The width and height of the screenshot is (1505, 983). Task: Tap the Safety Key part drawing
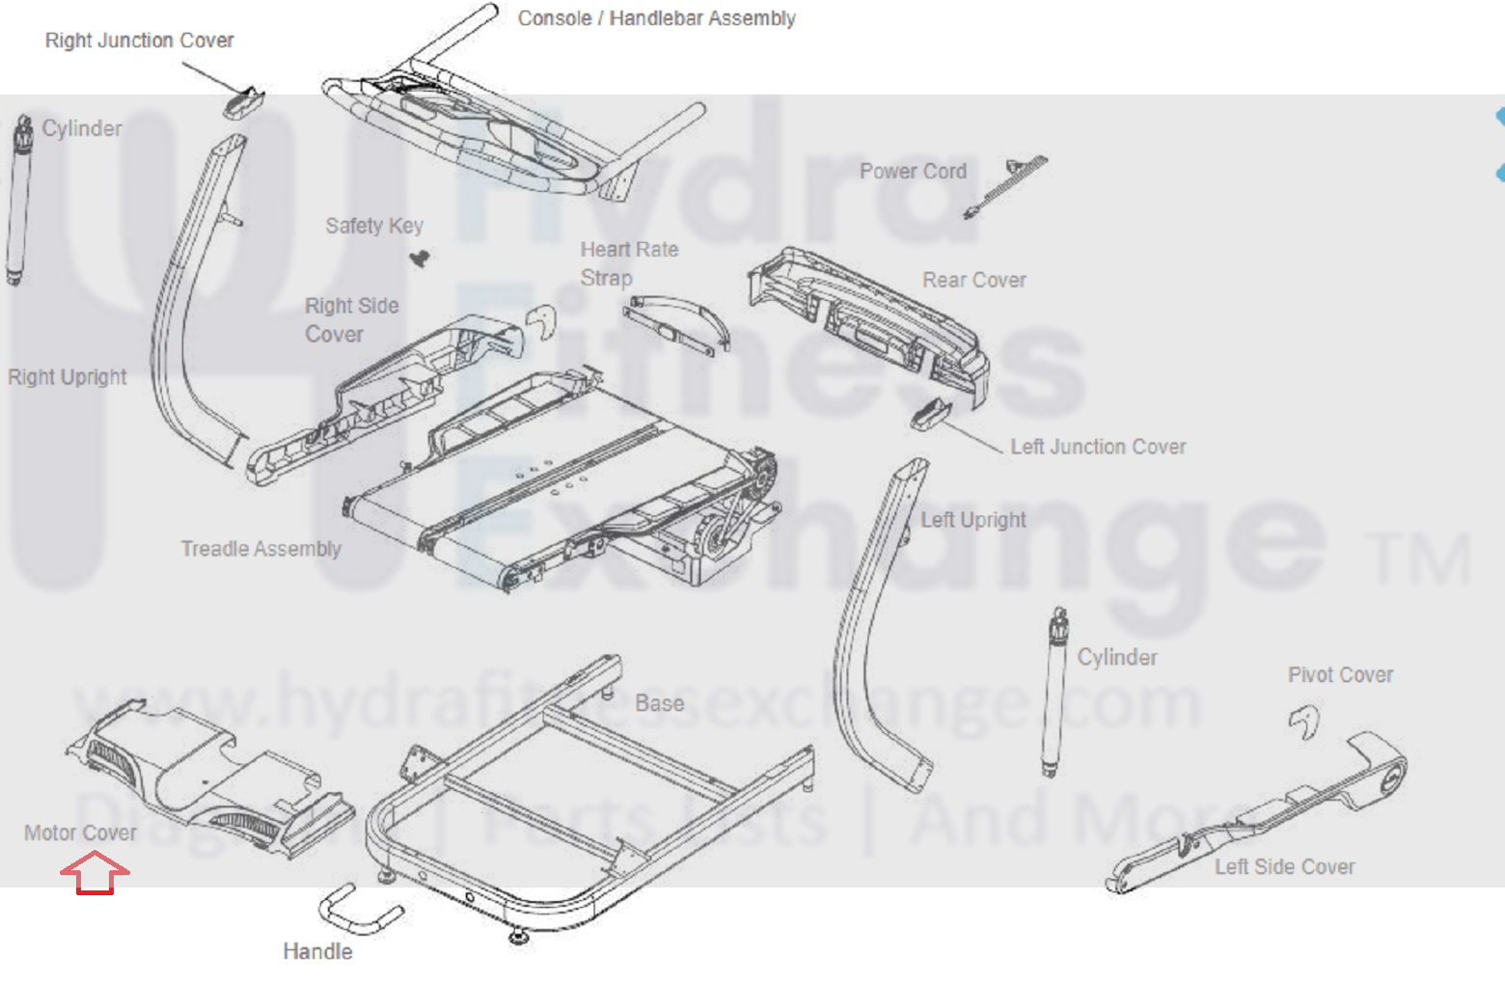pos(419,258)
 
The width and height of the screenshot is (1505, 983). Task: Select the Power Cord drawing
pos(1007,185)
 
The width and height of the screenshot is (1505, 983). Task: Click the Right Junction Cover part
pos(244,101)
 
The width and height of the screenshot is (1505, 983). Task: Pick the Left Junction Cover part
pos(930,413)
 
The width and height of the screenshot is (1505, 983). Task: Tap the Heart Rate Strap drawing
pos(676,323)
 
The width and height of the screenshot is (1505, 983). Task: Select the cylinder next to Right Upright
pos(18,203)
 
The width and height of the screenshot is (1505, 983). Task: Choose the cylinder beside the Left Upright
pos(1054,692)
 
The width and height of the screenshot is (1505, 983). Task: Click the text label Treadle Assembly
pos(260,549)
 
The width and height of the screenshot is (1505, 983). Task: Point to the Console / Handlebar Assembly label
pos(656,18)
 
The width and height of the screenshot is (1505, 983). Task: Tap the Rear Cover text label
pos(973,280)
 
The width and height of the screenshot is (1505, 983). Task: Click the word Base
pos(659,703)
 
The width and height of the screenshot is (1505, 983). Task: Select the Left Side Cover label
pos(1284,866)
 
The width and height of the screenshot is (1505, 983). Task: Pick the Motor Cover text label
pos(80,833)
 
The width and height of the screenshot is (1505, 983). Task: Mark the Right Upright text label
pos(67,377)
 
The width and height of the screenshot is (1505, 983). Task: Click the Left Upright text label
pos(972,520)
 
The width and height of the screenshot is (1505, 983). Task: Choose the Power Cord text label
pos(913,171)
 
